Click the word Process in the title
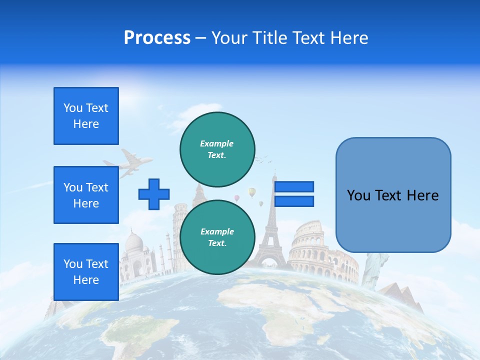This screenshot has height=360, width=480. point(157,38)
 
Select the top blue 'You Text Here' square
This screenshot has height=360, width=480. point(86,116)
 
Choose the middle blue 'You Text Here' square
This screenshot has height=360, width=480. point(86,195)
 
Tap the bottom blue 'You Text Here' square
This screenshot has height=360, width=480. point(86,272)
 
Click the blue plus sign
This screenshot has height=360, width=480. point(154,194)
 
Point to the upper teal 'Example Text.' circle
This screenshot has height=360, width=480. point(217,149)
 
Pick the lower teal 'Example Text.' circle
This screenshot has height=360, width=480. point(217,237)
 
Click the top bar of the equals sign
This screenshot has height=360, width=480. point(294,187)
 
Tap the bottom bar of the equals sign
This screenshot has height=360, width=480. point(294,201)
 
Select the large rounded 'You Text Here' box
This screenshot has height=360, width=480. point(393,195)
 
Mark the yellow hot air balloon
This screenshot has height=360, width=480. point(252,192)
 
